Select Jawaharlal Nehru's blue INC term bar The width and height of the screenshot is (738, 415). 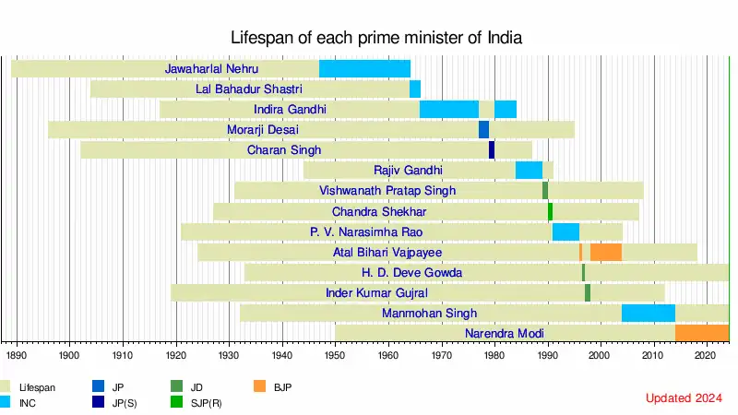click(364, 68)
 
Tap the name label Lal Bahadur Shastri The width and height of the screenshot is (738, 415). click(262, 89)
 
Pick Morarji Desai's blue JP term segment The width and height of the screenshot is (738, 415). click(483, 130)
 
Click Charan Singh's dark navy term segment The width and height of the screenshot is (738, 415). click(492, 150)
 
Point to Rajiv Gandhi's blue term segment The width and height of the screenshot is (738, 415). click(529, 171)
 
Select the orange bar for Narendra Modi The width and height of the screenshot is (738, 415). click(702, 333)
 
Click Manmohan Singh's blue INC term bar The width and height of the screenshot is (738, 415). click(649, 313)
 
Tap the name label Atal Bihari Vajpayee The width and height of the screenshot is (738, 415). click(387, 252)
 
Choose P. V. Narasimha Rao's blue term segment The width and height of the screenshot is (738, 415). click(565, 231)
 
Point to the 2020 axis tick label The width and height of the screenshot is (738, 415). click(706, 354)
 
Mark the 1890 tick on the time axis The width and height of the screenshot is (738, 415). click(17, 354)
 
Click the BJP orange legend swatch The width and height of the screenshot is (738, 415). click(261, 385)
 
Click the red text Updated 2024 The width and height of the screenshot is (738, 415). click(684, 397)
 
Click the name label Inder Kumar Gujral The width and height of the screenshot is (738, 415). click(376, 292)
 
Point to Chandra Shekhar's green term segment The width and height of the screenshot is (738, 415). click(551, 211)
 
